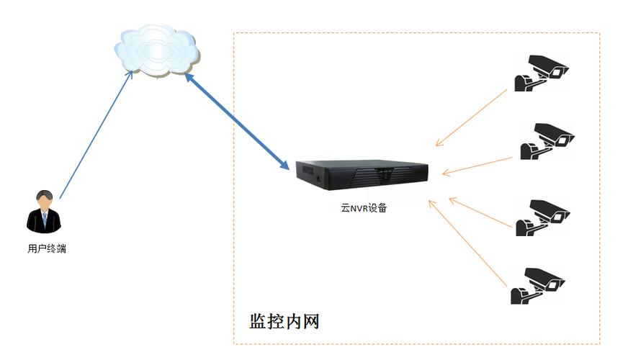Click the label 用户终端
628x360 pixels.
pyautogui.click(x=44, y=249)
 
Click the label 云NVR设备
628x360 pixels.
pyautogui.click(x=364, y=208)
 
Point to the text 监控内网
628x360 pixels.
pyautogui.click(x=284, y=321)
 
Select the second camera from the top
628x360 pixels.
pyautogui.click(x=547, y=140)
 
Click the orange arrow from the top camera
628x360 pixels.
pyautogui.click(x=471, y=117)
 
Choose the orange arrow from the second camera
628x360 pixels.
pyautogui.click(x=479, y=165)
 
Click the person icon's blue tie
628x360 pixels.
pyautogui.click(x=44, y=220)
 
